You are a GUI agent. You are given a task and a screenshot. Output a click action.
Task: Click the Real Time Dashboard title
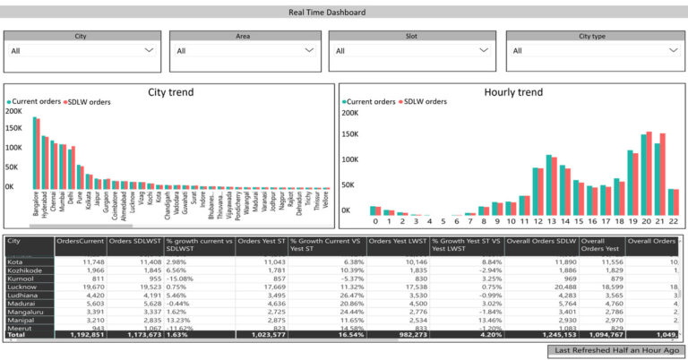point(340,13)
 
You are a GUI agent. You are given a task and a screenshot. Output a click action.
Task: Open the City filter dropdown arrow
point(149,51)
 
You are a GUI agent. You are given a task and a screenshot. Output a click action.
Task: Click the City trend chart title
point(170,91)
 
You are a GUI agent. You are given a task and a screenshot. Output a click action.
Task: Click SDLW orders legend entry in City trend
point(89,103)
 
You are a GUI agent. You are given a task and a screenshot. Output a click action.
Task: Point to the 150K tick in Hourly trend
point(350,133)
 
